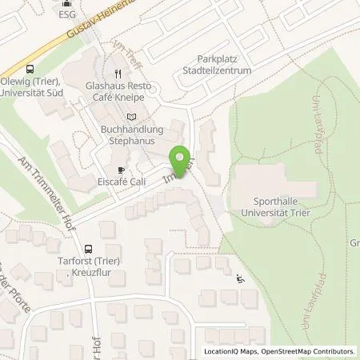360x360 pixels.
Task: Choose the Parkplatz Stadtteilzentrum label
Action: click(x=230, y=64)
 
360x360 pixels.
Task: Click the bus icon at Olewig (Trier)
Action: click(x=30, y=69)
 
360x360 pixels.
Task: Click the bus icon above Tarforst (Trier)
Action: click(x=87, y=249)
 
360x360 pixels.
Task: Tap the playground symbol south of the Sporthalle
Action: click(x=241, y=279)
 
